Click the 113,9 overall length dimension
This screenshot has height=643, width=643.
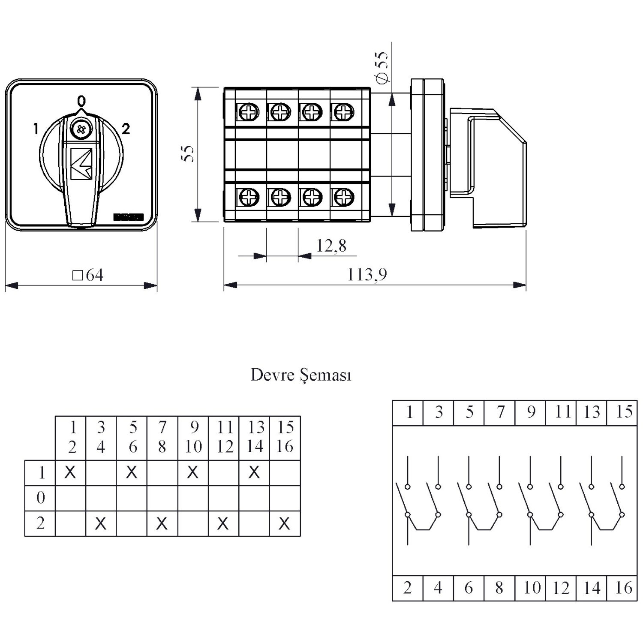coord(367,274)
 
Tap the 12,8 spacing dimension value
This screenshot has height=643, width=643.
coord(331,246)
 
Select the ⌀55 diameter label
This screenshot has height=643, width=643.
coord(381,67)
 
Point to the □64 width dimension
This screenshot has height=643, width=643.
coord(88,275)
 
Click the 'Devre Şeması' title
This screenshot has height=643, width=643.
coord(301,375)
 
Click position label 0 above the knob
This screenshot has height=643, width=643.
coord(81,101)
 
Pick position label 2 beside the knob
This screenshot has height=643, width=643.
coord(126,129)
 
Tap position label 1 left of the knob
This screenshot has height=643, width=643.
coord(36,129)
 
